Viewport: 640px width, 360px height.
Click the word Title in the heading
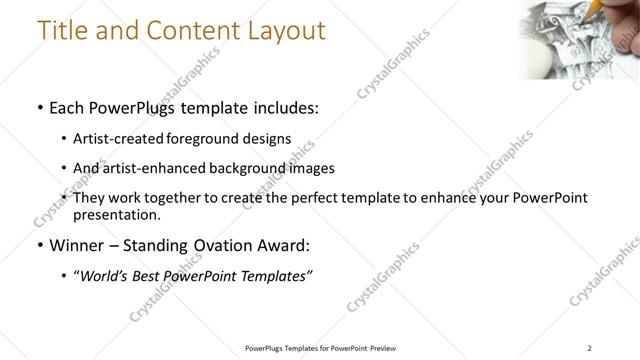pyautogui.click(x=62, y=30)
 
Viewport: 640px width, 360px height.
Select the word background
pyautogui.click(x=258, y=168)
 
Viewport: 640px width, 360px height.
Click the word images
pyautogui.click(x=313, y=168)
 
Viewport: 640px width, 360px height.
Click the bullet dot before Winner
pyautogui.click(x=39, y=245)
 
